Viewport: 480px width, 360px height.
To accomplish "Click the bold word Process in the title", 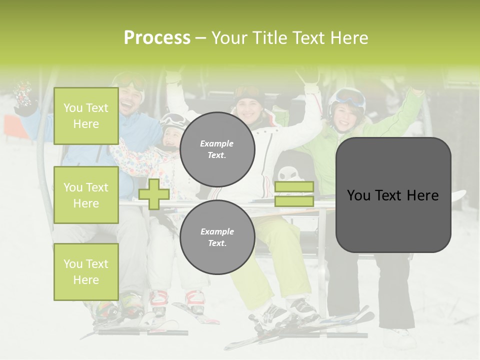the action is [157, 38].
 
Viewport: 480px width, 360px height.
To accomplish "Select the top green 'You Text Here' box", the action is [86, 116].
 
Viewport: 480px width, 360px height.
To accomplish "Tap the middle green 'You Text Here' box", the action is [86, 195].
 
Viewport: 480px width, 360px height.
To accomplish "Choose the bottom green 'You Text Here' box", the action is [86, 272].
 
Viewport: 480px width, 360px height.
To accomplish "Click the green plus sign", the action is [154, 194].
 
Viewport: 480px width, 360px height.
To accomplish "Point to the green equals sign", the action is [294, 194].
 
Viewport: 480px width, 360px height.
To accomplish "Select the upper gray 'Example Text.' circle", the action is [217, 149].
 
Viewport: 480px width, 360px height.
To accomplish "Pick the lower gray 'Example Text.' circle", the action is [217, 237].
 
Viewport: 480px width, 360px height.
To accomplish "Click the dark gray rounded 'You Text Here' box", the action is [393, 195].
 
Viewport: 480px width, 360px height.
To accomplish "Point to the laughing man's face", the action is [129, 97].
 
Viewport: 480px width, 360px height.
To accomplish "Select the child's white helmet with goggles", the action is [173, 122].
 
